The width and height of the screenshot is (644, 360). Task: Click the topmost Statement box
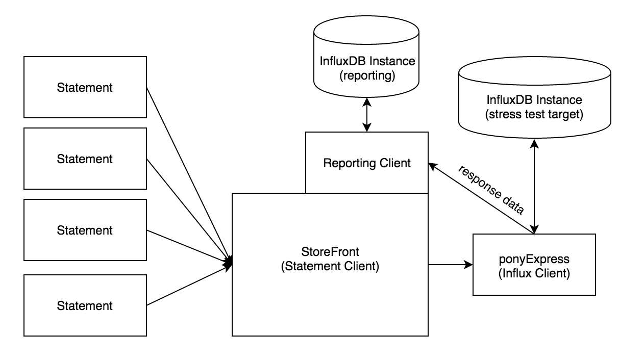85,87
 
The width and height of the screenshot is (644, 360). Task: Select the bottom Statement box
85,305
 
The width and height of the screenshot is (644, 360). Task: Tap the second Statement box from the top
85,159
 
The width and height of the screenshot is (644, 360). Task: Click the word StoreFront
330,252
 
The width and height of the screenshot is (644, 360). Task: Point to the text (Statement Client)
330,266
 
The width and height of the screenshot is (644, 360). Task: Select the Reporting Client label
366,163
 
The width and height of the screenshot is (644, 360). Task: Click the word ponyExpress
534,260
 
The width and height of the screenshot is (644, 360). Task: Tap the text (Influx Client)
534,273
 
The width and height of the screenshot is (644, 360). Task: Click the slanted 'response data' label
491,190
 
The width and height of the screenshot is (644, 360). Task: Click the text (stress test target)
534,114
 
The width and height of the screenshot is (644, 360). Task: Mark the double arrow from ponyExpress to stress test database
534,187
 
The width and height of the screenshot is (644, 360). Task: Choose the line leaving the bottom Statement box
189,284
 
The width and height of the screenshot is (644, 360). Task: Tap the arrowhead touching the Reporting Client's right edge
433,166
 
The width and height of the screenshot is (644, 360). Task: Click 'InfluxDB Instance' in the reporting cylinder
367,61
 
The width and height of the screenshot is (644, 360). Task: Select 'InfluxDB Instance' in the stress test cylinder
534,100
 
